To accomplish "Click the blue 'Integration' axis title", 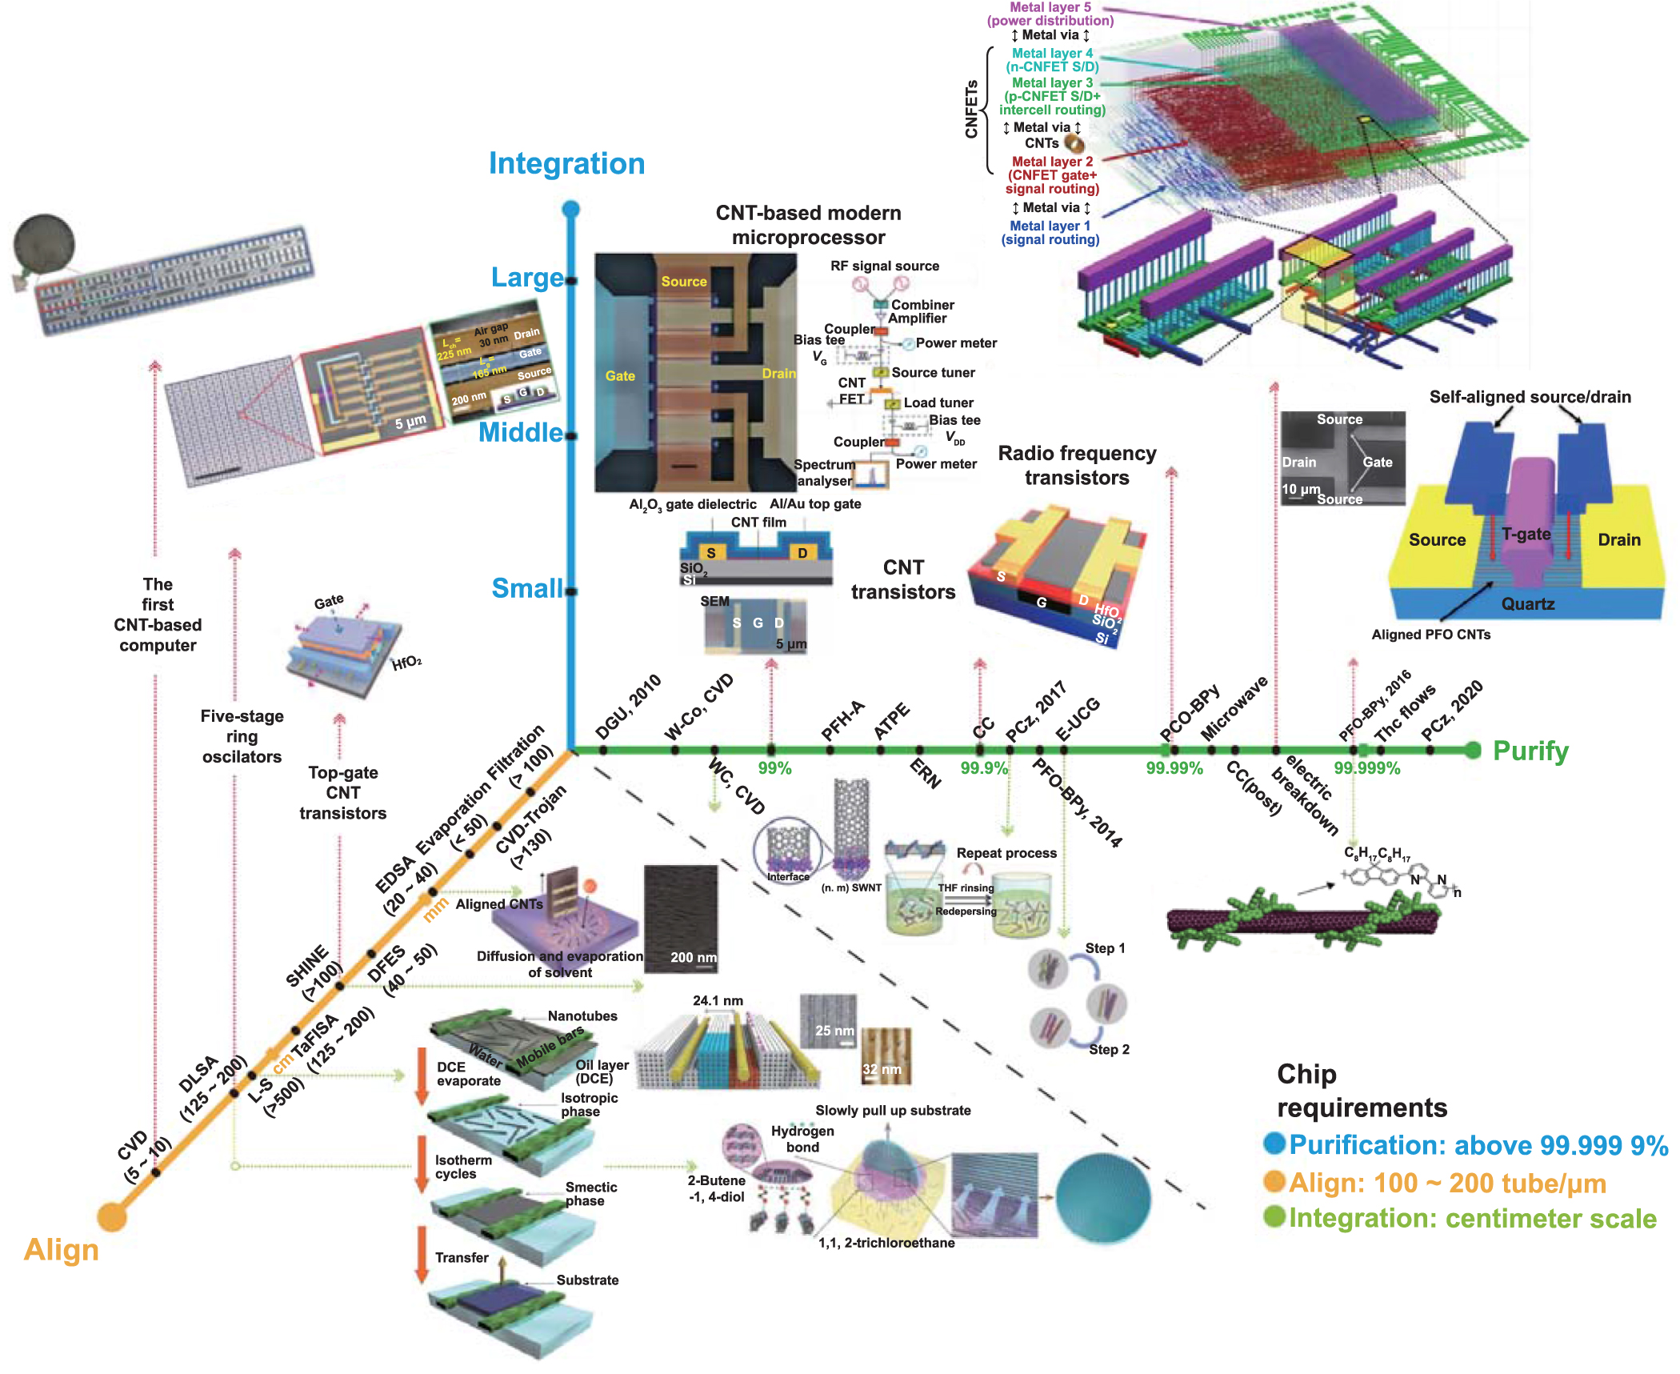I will (566, 163).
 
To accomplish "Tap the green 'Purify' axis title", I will (1530, 751).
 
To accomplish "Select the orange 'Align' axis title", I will (61, 1250).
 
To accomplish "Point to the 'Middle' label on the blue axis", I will (520, 433).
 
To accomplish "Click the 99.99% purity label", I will (1174, 768).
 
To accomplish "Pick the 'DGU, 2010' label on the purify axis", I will (628, 707).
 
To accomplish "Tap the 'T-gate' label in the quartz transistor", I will (1526, 534).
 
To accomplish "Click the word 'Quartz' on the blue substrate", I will (1527, 604).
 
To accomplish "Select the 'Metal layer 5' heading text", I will (1050, 7).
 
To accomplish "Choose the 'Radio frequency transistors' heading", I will (1077, 465).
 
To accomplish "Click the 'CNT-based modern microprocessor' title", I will (808, 225).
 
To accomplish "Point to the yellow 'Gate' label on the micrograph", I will (620, 376).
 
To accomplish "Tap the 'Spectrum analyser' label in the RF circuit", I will (824, 473).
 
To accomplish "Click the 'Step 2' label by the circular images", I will (1109, 1049).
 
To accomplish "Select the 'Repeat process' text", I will (1006, 853).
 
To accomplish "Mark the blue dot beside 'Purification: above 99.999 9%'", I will (1274, 1143).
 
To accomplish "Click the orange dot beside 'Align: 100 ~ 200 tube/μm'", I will (1274, 1181).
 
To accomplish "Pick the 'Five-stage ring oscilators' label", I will (242, 736).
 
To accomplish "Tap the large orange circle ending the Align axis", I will (112, 1216).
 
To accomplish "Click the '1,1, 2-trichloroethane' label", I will (886, 1243).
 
